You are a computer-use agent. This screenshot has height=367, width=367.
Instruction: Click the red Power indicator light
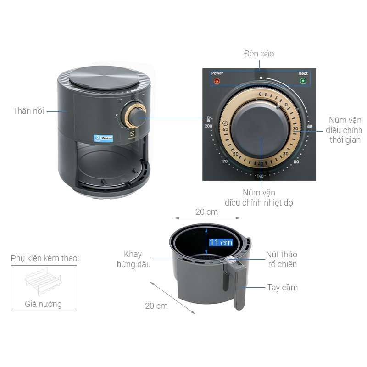tap(217, 82)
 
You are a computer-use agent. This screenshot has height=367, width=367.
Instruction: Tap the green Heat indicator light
tap(303, 82)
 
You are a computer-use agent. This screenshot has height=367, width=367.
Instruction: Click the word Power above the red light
tap(217, 73)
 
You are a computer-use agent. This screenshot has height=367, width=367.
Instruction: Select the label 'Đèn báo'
tap(259, 54)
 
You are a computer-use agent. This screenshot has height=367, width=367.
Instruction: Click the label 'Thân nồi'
tap(28, 111)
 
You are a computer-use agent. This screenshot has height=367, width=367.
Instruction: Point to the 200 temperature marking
tap(209, 126)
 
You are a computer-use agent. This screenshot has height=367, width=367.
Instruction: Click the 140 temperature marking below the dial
tap(261, 176)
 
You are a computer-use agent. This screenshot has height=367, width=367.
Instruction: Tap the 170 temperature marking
tap(224, 161)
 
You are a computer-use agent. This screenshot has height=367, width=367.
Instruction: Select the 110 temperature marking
tap(295, 162)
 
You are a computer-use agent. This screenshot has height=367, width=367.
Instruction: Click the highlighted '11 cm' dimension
tap(221, 243)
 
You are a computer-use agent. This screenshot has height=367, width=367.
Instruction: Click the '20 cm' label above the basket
tap(206, 212)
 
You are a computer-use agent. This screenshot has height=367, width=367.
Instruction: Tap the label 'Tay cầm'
tap(283, 288)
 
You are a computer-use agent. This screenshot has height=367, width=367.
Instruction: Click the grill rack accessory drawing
tap(44, 282)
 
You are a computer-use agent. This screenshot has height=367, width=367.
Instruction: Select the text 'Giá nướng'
tap(43, 304)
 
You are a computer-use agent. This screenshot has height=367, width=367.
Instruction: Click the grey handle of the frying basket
tap(239, 284)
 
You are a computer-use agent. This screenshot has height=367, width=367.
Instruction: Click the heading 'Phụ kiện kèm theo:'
tap(45, 258)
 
